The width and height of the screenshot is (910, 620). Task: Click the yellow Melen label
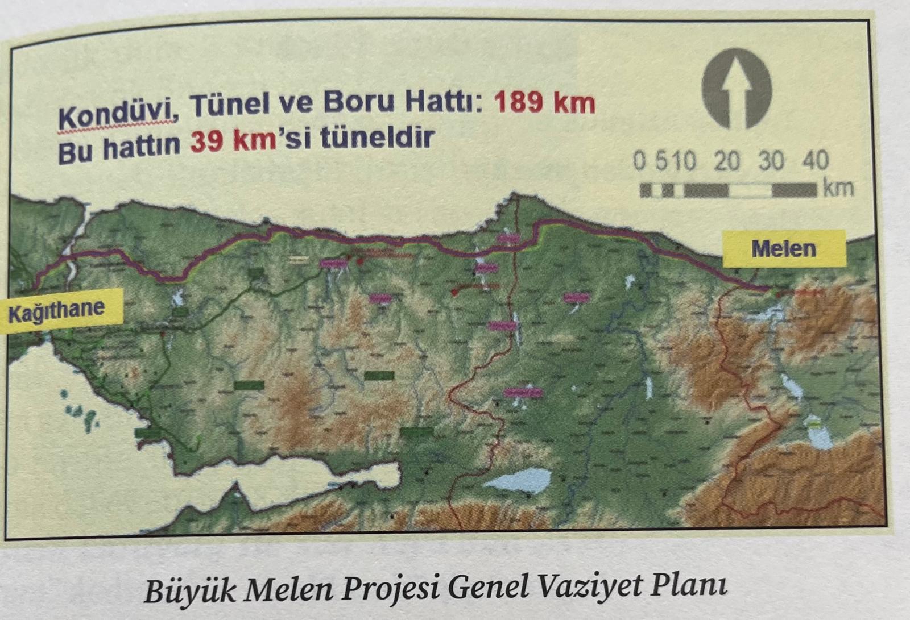(x=783, y=249)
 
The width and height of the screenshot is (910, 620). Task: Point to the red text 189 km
(x=544, y=103)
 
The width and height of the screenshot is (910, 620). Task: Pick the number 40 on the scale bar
(x=815, y=161)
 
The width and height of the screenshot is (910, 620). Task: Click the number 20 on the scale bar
(x=727, y=161)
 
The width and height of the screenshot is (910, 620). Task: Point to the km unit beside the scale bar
(x=838, y=188)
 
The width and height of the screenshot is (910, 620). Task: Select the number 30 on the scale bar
(x=771, y=161)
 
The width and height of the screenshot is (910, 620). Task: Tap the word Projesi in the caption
(x=390, y=589)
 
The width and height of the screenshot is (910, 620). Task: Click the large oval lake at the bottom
(x=516, y=480)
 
